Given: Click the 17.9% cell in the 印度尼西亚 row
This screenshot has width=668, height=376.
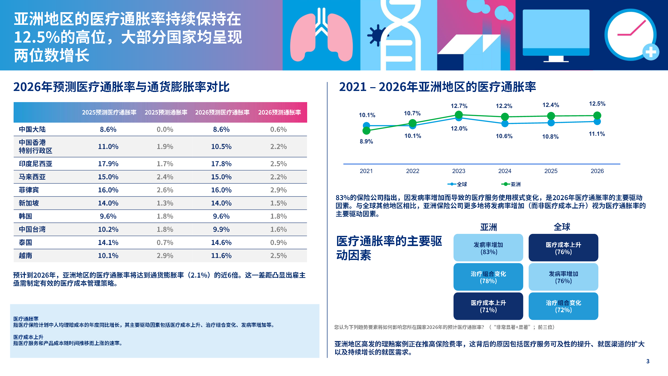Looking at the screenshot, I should [x=108, y=164].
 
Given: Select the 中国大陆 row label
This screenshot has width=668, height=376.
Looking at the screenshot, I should [x=32, y=129].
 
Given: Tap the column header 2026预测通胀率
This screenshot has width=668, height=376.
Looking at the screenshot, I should [x=279, y=112].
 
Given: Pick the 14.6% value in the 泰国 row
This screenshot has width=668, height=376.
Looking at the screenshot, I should [x=221, y=242].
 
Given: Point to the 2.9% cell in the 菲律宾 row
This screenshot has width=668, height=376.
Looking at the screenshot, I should [x=278, y=190].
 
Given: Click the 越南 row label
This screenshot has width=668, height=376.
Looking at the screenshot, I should [x=25, y=256].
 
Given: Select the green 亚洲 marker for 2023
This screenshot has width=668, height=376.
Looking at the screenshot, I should [x=459, y=115].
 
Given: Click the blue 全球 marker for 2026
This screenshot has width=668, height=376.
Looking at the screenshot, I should [x=597, y=121].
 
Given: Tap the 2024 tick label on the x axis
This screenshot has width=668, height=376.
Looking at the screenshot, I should [x=505, y=171].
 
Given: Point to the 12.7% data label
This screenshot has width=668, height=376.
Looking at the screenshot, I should [x=459, y=106].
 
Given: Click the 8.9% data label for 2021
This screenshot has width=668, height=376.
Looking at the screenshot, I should [x=366, y=141].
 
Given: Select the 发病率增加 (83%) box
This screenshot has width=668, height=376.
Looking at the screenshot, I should [x=488, y=248].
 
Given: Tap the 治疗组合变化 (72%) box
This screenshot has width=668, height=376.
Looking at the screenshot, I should [x=563, y=306].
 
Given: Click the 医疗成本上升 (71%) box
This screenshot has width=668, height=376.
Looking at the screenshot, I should [x=488, y=306].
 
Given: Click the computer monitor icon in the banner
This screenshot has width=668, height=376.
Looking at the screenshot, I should [x=556, y=34].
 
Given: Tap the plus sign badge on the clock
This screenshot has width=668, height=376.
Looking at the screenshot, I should [x=651, y=52].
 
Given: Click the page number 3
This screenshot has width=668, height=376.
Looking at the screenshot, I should [x=647, y=361].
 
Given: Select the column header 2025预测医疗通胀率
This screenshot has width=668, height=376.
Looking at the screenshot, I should [x=109, y=112].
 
